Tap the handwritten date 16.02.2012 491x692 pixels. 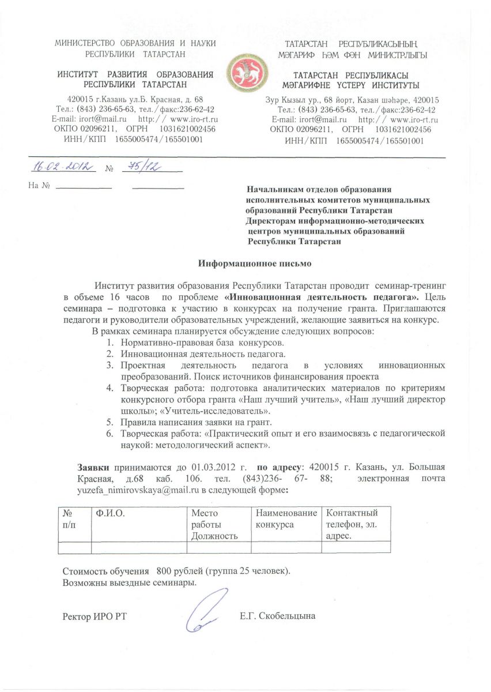pos(62,167)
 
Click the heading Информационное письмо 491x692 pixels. pos(255,263)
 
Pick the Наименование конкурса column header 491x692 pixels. pos(286,518)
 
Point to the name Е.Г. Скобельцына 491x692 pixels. pos(277,616)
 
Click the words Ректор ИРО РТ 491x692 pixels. pos(94,616)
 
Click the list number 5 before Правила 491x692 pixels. pos(109,423)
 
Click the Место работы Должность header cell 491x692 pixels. pos(215,524)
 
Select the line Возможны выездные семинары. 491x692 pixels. pos(129,582)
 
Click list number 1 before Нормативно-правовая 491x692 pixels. pos(109,343)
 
